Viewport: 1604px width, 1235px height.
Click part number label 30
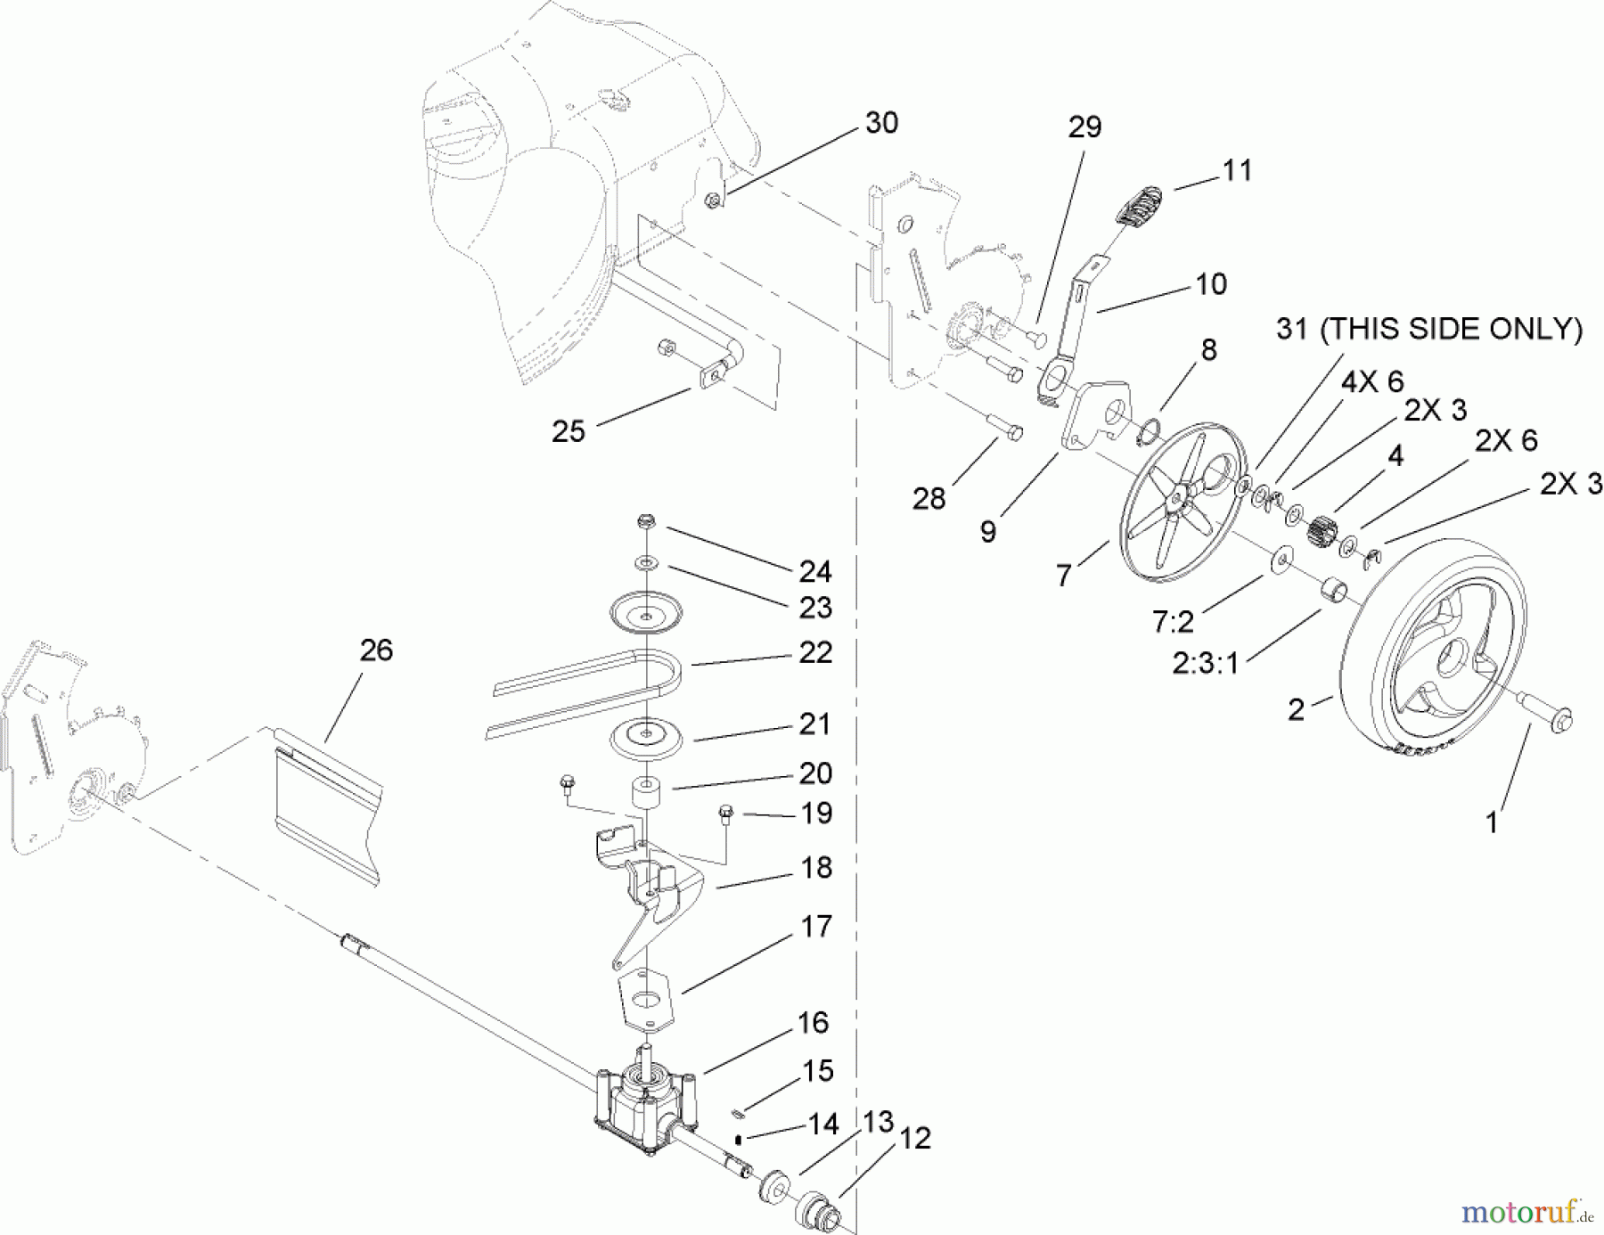(x=881, y=123)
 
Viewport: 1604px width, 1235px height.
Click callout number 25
(x=569, y=431)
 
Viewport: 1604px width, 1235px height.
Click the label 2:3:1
(x=1205, y=664)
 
